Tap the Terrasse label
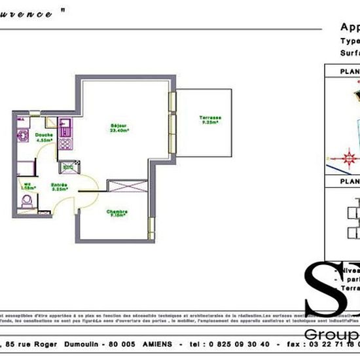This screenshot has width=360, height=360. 210,118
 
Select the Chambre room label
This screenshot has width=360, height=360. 118,211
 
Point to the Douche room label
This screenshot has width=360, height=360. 44,135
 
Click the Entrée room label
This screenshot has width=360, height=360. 61,185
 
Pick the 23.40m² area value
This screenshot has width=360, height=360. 118,130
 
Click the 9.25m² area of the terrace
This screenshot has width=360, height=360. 210,122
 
